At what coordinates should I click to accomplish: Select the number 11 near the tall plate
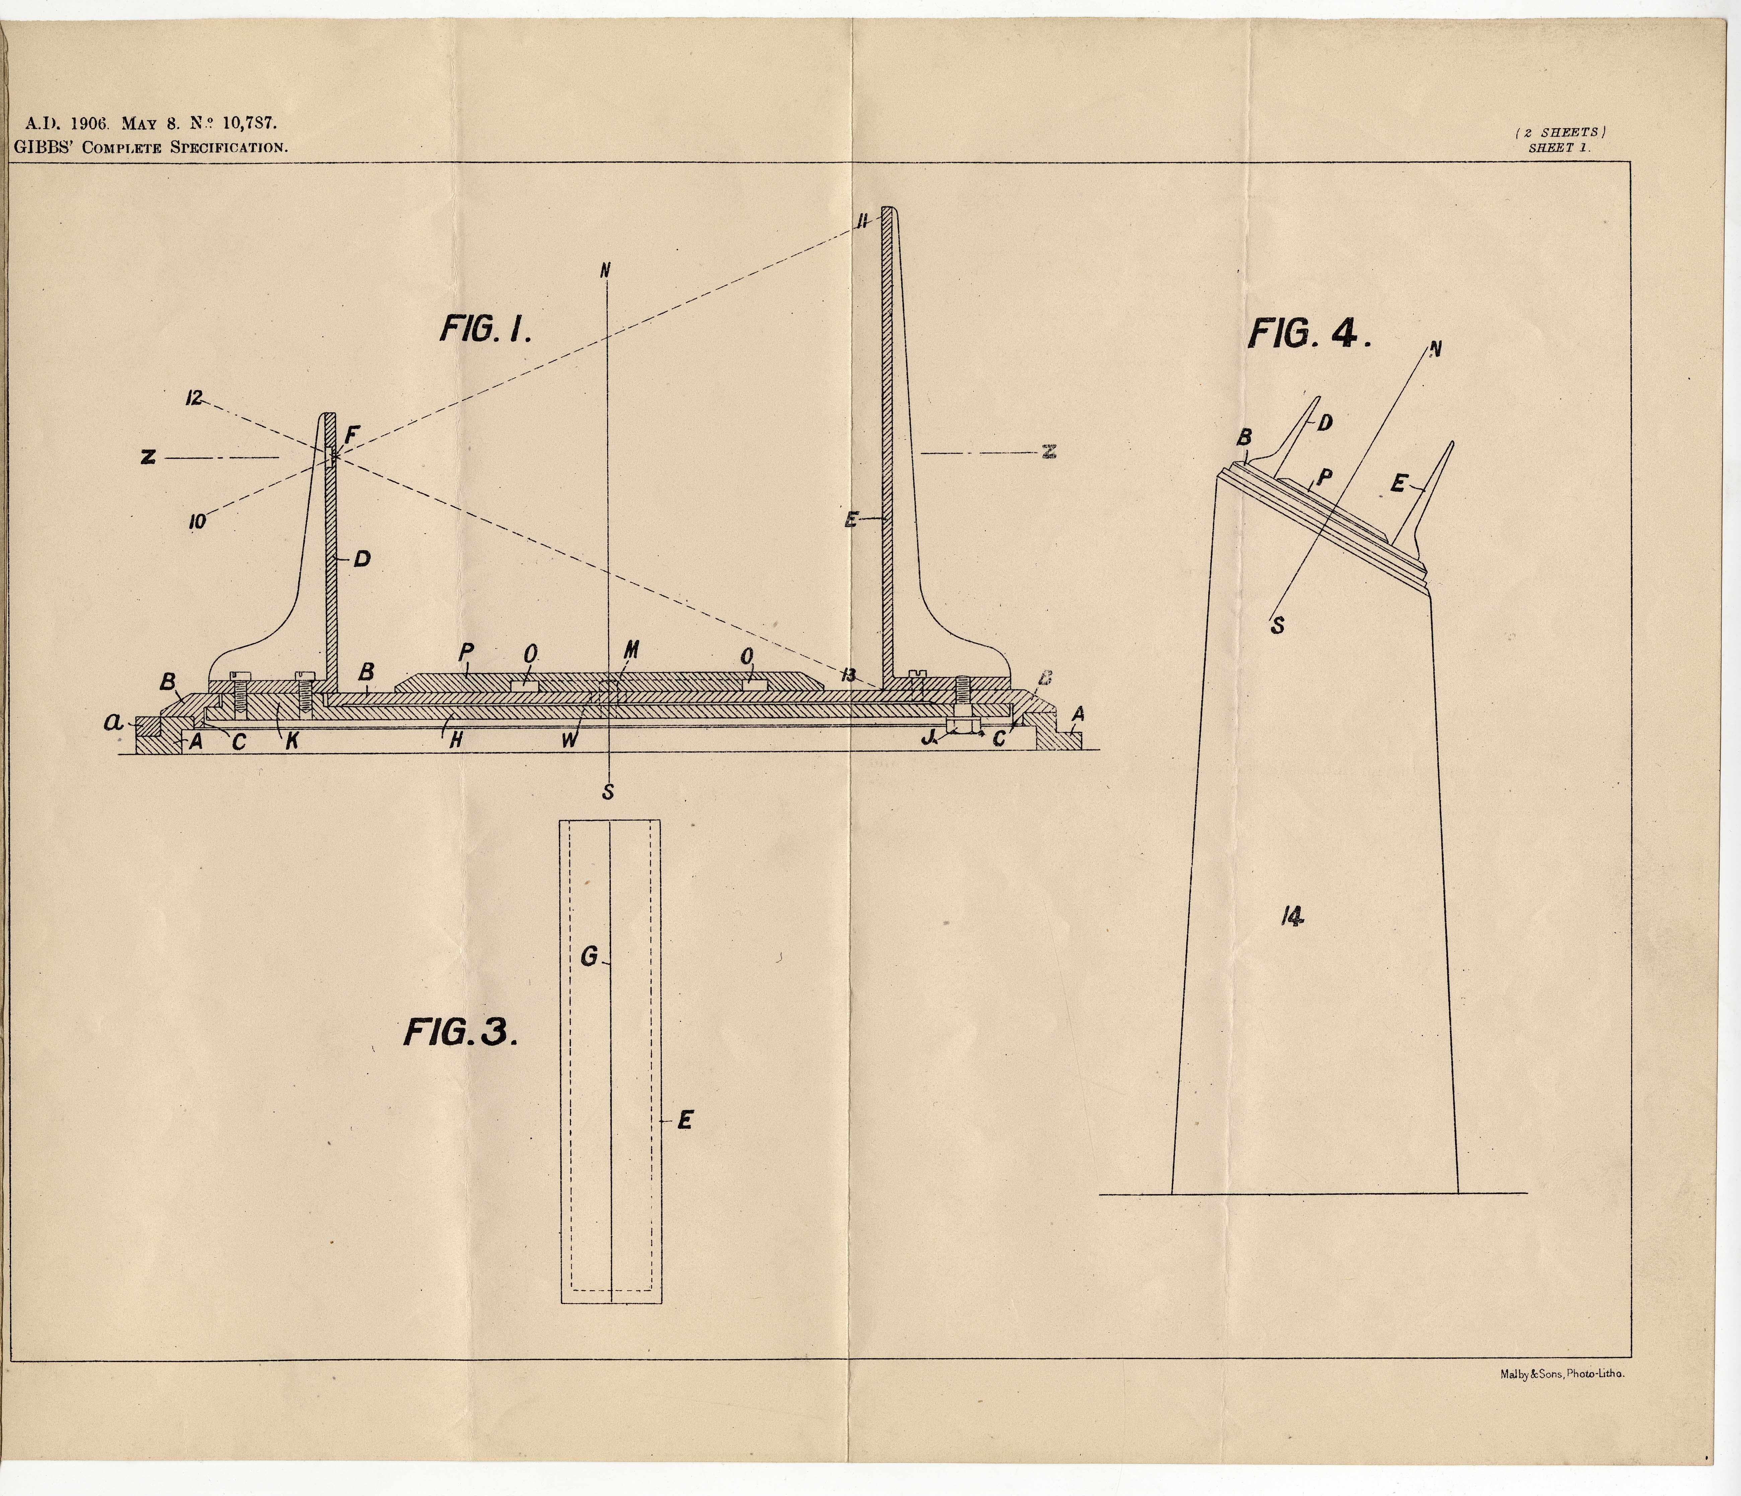click(862, 222)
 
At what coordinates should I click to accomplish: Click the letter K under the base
click(293, 742)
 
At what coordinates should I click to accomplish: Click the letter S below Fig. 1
click(608, 791)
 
